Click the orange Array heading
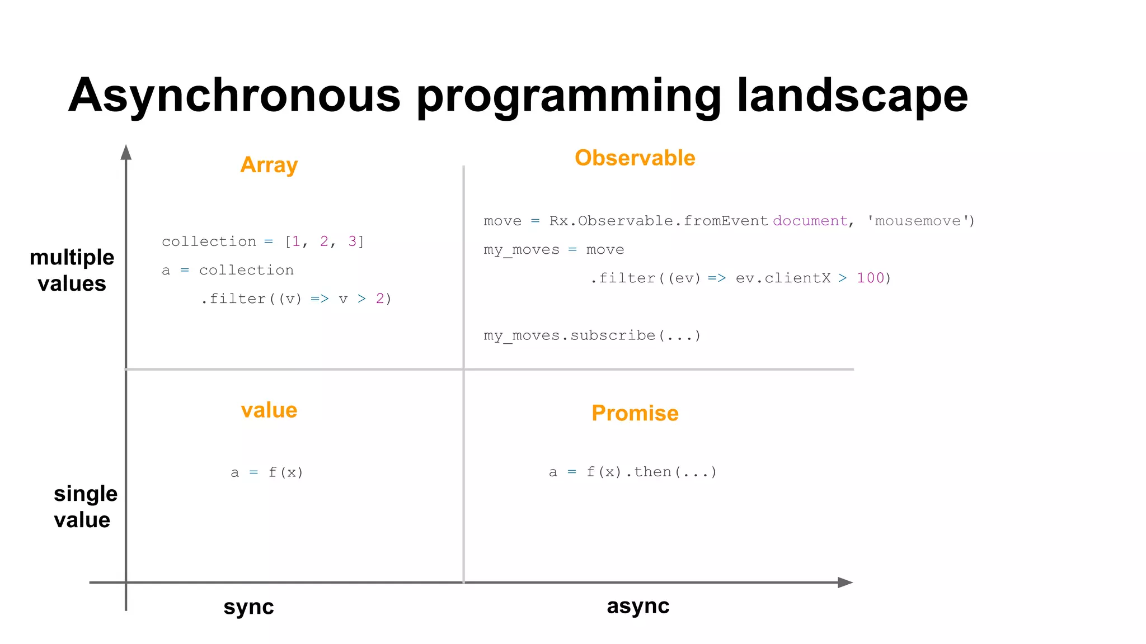269,165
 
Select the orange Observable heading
635,158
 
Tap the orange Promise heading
635,413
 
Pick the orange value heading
269,410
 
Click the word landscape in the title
852,96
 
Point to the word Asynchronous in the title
234,96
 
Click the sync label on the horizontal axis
248,607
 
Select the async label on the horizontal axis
638,606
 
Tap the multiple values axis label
72,271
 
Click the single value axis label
85,507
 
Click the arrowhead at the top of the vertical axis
126,152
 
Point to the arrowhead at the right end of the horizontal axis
845,583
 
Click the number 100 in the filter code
870,278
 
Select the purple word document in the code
810,221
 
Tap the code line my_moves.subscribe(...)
592,335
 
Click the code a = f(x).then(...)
632,472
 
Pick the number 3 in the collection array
353,241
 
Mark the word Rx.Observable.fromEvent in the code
658,221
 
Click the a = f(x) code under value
267,473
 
